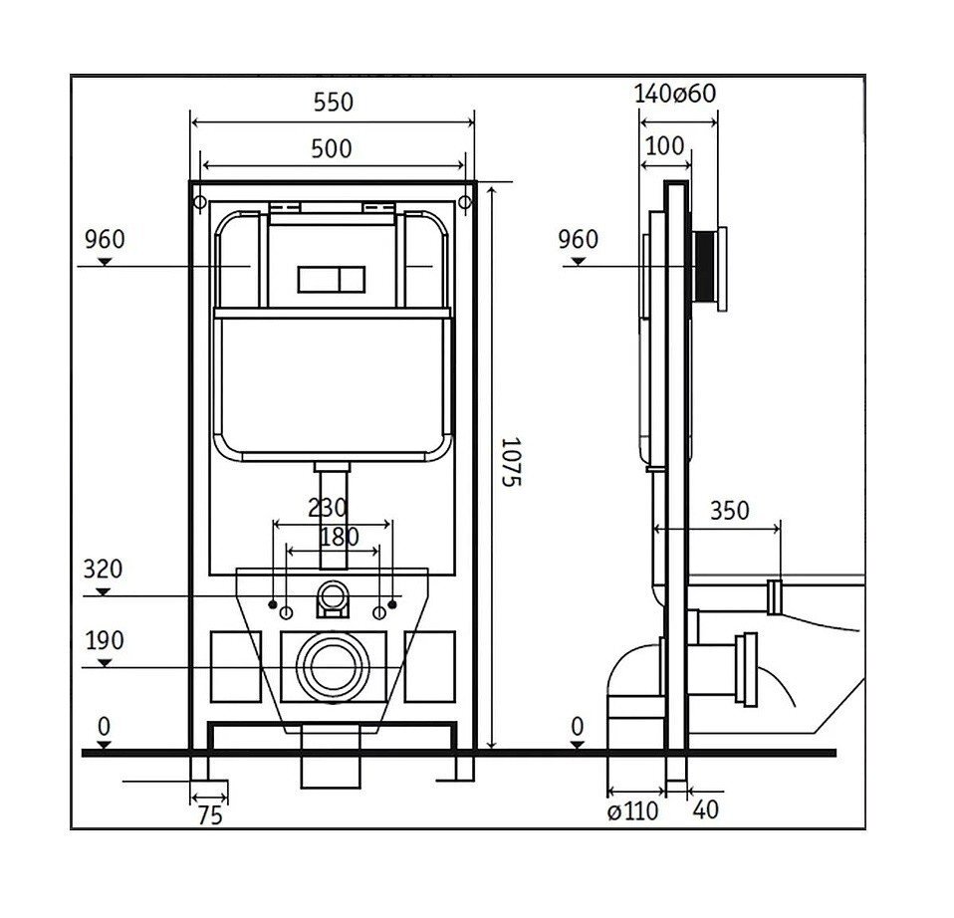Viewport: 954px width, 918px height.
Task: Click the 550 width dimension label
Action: tap(333, 103)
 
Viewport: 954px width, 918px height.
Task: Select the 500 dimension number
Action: tap(332, 149)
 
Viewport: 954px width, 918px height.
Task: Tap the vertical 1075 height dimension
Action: tap(511, 462)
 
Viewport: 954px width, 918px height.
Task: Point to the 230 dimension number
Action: tap(328, 508)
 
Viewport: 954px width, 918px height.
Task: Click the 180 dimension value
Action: tap(339, 537)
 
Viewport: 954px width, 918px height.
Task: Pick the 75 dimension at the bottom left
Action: tap(210, 815)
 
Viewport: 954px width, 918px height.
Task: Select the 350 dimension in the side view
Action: tap(730, 511)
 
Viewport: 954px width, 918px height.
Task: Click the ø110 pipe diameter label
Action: tap(632, 810)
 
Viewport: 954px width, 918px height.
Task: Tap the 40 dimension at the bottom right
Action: tap(706, 809)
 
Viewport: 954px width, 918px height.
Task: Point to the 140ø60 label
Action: tap(675, 94)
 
